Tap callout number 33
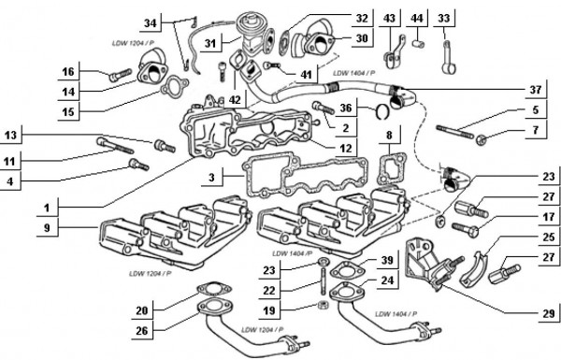click(x=444, y=19)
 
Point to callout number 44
click(x=417, y=19)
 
